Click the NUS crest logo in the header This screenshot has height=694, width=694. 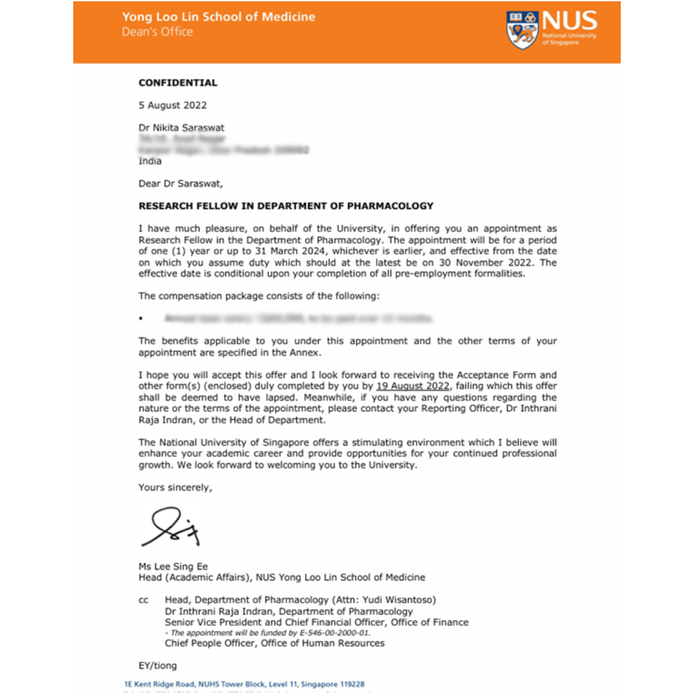522,30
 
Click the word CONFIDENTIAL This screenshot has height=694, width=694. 178,83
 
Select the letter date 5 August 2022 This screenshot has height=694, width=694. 173,105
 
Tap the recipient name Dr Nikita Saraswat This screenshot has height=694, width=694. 182,128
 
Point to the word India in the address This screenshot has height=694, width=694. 150,161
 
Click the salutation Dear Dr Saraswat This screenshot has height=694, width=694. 181,184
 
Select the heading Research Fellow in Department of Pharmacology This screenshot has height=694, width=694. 286,206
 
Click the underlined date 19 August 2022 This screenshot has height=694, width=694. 413,386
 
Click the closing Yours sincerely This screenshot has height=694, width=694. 175,488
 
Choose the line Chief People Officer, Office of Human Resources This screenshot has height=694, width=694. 274,643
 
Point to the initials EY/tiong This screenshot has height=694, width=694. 157,666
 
